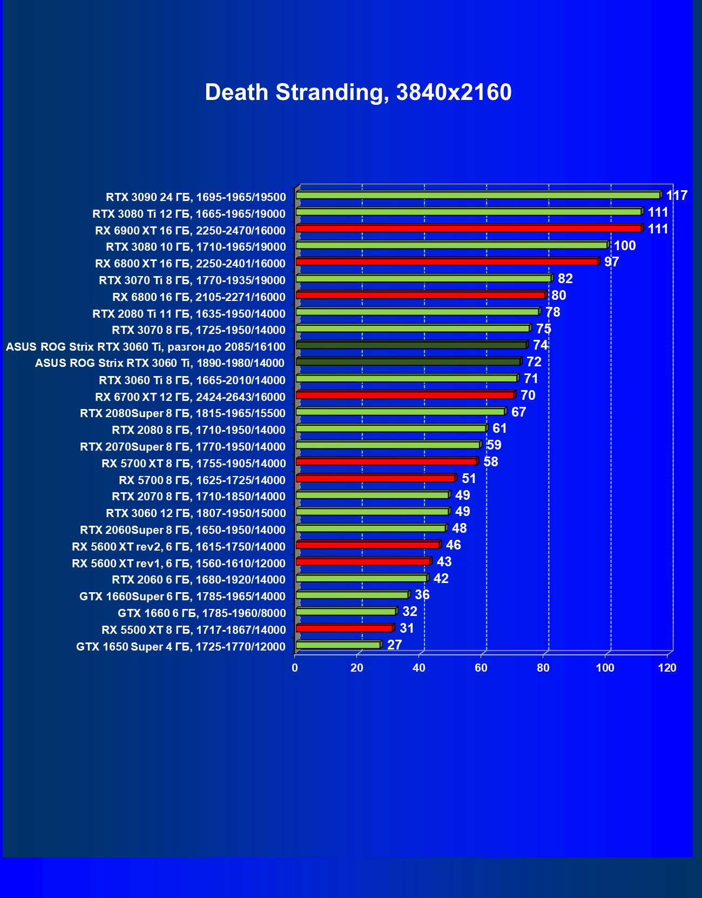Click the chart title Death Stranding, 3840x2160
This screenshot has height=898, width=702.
tap(358, 92)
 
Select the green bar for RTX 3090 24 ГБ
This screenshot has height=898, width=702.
tap(478, 195)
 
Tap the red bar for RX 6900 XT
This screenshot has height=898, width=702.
tap(469, 229)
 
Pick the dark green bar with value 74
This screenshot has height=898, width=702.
tap(411, 345)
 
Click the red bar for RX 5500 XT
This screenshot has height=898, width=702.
tap(345, 628)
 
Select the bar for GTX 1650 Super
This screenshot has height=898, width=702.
tap(338, 645)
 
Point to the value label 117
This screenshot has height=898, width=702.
tap(677, 196)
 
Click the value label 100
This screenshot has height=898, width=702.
tap(625, 246)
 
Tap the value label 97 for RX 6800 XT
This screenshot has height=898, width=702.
tap(611, 262)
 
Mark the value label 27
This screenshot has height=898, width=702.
tap(395, 645)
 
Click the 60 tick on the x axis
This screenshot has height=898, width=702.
tap(481, 668)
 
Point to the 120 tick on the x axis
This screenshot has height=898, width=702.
tap(667, 668)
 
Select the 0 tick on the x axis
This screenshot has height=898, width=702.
tap(295, 668)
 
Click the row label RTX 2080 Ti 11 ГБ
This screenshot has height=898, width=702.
tap(189, 314)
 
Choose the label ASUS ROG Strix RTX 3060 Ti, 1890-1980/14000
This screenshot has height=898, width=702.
tap(160, 363)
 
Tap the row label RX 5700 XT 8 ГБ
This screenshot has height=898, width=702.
tap(194, 464)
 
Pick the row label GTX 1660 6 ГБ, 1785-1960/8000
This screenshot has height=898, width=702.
tap(201, 613)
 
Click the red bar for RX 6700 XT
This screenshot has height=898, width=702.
tap(405, 395)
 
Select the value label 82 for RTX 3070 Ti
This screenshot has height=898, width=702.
tap(565, 279)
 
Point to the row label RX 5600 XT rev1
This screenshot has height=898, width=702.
tap(179, 564)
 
